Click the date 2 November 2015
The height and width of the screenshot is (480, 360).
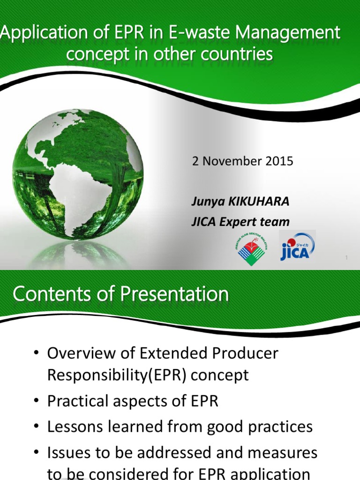coord(242,161)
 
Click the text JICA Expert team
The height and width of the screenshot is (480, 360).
coord(240,221)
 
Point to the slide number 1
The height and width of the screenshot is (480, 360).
coord(346,258)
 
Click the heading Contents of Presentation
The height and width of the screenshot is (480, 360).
coord(120,294)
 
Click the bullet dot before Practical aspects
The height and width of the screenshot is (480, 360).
coord(36,402)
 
